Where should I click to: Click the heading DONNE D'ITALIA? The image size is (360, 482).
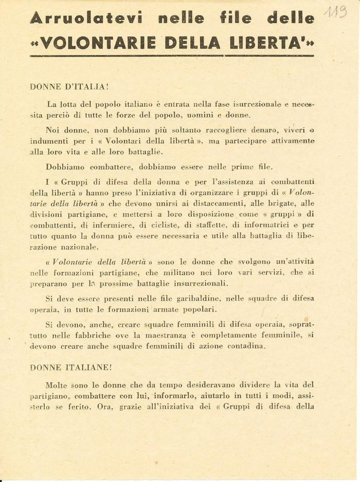tap(69, 87)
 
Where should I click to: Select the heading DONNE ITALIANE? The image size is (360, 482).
tap(71, 367)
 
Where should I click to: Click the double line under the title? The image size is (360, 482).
tap(172, 55)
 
